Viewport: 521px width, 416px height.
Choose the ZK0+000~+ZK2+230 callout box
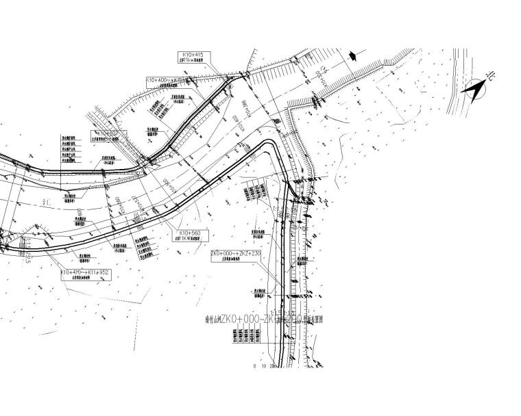coord(237,255)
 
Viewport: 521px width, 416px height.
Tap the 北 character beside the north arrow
coord(489,79)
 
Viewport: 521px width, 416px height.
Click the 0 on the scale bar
coord(254,367)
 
